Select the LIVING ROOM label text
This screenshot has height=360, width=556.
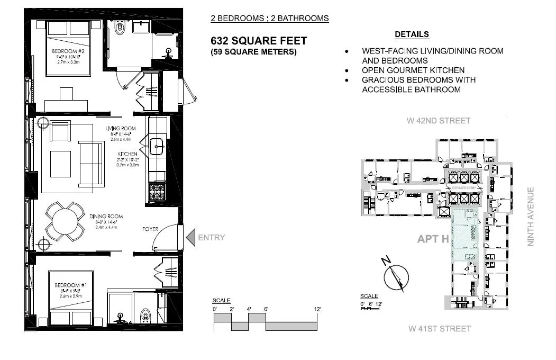(120, 128)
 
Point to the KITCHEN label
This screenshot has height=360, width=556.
(125, 154)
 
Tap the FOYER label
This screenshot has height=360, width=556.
(151, 229)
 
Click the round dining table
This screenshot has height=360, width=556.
(65, 222)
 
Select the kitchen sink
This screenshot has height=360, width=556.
(157, 146)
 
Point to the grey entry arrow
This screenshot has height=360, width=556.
(190, 237)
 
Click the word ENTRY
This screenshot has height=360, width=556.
(211, 238)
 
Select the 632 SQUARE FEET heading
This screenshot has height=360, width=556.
(258, 41)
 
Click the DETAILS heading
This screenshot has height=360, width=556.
(412, 34)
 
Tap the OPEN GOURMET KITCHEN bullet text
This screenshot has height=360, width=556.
(413, 70)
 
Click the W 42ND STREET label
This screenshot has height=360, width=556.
(438, 121)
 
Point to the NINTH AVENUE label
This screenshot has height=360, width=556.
(531, 217)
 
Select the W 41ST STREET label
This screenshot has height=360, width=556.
(439, 329)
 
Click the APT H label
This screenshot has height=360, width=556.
(433, 239)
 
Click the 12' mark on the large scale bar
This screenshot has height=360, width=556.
(317, 309)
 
